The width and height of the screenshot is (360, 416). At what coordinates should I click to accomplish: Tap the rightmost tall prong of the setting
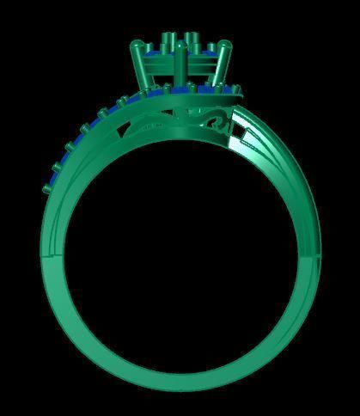pyautogui.click(x=228, y=64)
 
